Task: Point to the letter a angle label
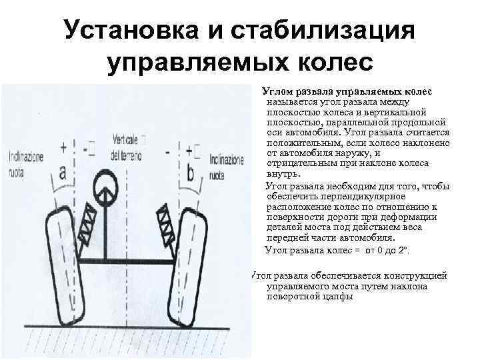point(63,173)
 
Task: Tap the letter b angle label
point(191,173)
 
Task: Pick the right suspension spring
point(163,223)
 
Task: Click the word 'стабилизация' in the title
point(323,31)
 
